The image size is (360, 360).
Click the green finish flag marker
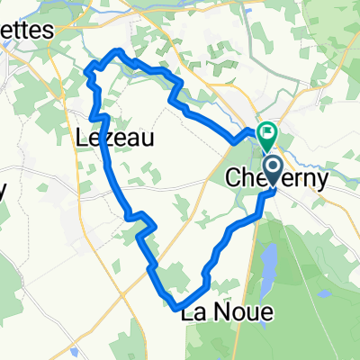tap(267, 135)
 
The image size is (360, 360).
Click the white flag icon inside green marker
tap(267, 134)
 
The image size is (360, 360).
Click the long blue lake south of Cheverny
tap(268, 262)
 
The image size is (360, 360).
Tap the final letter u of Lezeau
tap(148, 139)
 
